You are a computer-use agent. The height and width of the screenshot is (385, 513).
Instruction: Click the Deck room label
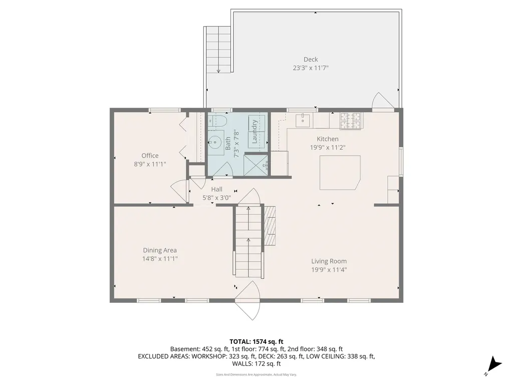pos(311,59)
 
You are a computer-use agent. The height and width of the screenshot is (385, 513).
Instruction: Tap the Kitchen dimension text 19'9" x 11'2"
pos(328,147)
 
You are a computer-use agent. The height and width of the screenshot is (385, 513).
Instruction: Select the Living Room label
pos(329,261)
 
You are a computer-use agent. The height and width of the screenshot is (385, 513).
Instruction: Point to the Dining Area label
pos(160,250)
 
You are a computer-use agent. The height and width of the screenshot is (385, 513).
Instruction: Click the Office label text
pos(150,155)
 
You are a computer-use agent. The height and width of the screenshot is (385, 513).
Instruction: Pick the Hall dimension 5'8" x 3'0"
pos(216,198)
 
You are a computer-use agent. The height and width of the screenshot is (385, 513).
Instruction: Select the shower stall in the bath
pos(256,164)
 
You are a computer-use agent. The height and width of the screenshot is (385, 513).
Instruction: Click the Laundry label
pos(254,132)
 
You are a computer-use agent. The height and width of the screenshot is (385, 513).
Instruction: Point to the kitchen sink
pos(304,120)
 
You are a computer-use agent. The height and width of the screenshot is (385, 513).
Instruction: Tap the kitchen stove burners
pos(350,120)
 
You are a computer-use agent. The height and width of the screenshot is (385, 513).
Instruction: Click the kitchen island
pos(340,172)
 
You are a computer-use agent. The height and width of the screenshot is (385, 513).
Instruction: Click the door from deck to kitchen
pos(383,100)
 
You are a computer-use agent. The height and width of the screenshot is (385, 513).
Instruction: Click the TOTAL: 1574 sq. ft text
pos(256,342)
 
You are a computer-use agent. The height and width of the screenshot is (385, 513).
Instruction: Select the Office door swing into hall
pos(179,192)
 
